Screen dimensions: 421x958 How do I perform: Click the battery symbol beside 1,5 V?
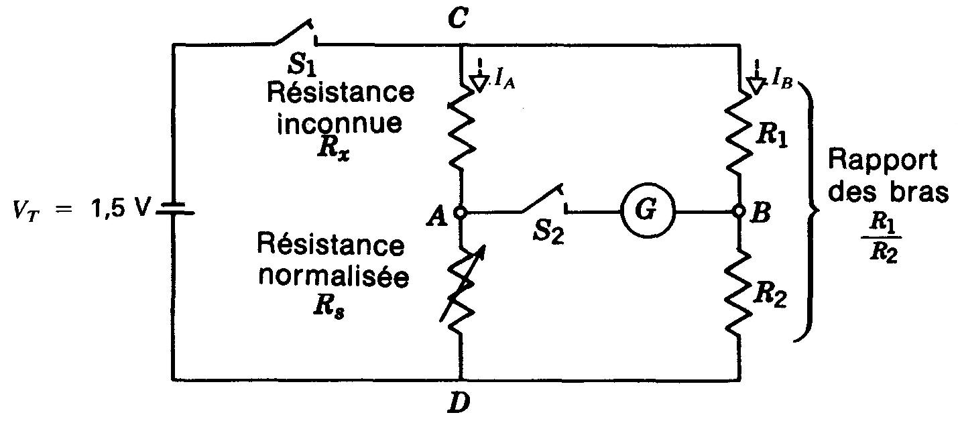point(173,211)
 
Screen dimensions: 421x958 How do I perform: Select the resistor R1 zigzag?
point(740,132)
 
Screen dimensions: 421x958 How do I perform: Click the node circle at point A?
point(461,212)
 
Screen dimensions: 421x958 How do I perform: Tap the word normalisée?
point(333,277)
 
